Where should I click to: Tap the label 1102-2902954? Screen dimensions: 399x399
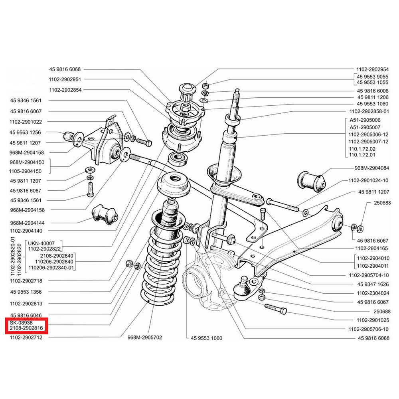click(372, 69)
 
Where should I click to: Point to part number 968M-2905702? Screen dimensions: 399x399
click(144, 338)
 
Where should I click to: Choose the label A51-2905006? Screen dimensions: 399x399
click(365, 120)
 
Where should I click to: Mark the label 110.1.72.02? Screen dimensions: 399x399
click(362, 148)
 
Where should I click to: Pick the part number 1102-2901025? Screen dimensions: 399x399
click(372, 320)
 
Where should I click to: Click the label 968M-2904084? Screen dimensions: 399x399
click(372, 168)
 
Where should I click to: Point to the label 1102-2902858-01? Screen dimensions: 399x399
click(369, 112)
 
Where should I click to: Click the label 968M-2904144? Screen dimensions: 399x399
click(27, 223)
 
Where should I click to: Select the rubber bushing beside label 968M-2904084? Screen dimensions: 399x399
click(311, 180)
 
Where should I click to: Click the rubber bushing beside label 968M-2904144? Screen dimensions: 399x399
click(105, 215)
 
